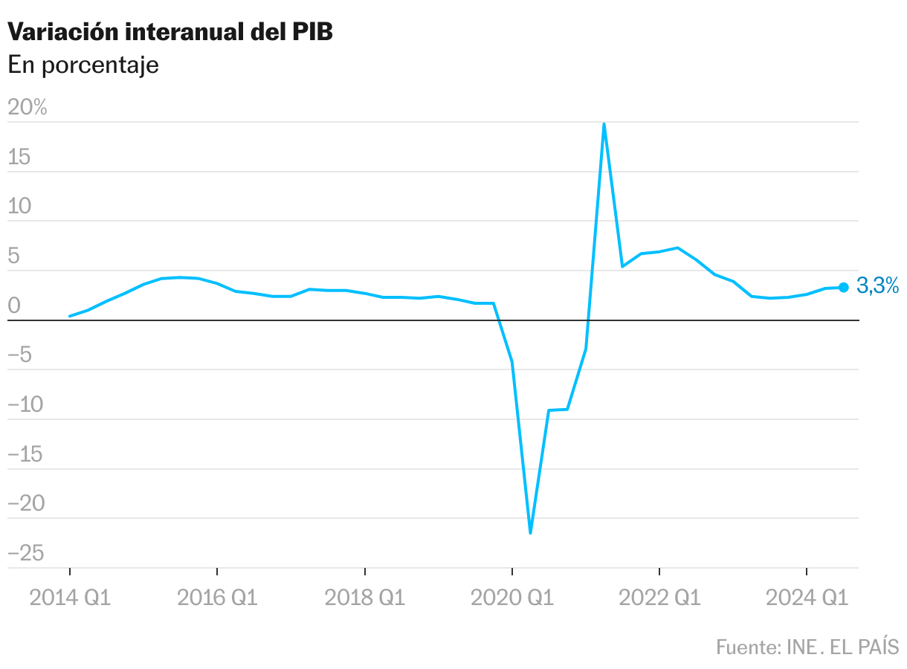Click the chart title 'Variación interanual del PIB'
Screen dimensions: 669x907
170,32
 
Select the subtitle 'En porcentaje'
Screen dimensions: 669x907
83,65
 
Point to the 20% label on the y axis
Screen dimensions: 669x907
28,108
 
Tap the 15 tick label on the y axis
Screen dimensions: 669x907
20,158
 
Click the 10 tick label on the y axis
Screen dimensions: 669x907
20,207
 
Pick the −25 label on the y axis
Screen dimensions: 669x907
25,554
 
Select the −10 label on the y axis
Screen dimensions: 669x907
25,405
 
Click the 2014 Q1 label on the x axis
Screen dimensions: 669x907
70,598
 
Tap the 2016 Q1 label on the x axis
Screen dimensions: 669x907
217,598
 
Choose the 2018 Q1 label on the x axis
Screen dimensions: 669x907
364,598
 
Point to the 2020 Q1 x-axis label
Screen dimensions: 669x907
512,598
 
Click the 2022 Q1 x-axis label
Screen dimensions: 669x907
659,598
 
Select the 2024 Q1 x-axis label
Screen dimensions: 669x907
807,598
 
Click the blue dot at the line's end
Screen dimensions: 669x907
844,287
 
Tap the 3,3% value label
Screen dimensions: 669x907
878,285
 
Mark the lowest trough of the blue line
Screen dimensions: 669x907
530,533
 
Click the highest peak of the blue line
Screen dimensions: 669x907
604,124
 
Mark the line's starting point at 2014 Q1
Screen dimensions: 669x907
70,316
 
